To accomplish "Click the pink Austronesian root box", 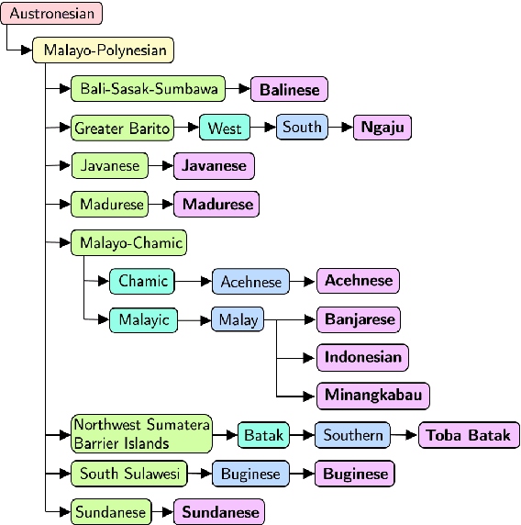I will click(51, 14).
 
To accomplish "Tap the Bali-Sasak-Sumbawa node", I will click(148, 89).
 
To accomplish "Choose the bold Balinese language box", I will click(290, 89).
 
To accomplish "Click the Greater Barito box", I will click(123, 128).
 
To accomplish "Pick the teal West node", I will click(224, 128).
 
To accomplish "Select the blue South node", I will click(302, 127).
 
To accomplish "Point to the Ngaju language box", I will click(382, 128).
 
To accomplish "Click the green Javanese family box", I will click(110, 166).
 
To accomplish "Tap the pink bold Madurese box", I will click(217, 204).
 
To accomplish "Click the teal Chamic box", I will click(142, 281).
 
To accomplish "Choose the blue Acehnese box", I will click(250, 282).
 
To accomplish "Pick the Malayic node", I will click(143, 319).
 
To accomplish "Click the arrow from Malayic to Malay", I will click(194, 319).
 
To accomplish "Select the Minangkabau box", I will click(373, 396).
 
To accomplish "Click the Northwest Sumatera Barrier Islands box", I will click(142, 434).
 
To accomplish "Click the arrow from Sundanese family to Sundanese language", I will click(161, 511).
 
